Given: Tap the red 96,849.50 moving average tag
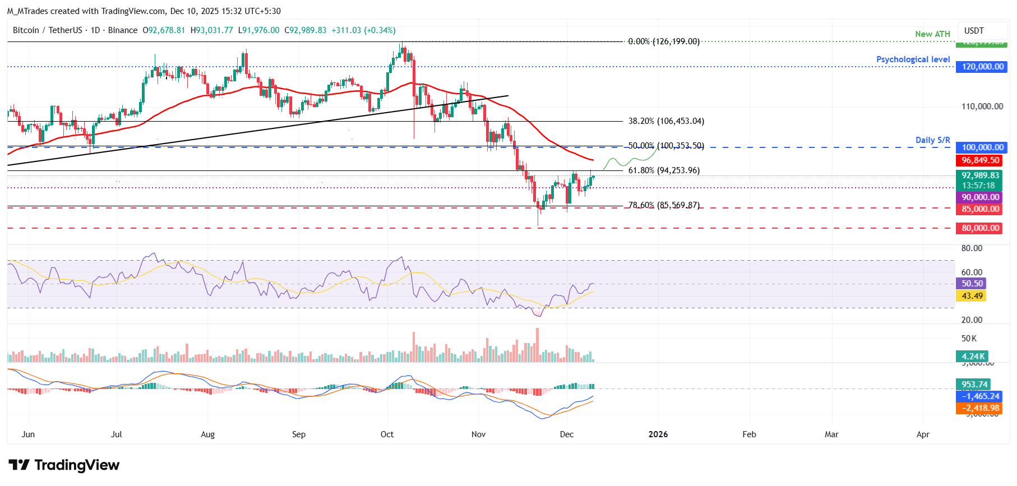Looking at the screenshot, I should [979, 160].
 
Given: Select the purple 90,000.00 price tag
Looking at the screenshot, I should [979, 197].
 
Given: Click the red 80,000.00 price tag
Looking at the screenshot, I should [979, 228].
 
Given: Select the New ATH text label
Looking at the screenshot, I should [932, 34].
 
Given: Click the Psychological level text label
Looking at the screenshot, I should [913, 59].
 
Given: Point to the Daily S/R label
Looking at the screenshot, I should [932, 140].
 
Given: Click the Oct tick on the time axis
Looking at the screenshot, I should [387, 434].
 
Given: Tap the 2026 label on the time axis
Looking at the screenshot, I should [658, 434].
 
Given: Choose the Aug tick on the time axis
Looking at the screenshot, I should [207, 434].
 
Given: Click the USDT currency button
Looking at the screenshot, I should [974, 31].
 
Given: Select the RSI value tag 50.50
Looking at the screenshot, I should [972, 284].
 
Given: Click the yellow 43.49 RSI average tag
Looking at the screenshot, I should [972, 296].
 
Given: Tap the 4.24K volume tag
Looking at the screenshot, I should [973, 357].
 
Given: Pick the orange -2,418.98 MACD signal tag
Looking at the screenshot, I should [979, 408].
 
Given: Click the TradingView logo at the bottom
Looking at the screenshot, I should [64, 465].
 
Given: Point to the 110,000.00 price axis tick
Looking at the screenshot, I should [982, 107].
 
